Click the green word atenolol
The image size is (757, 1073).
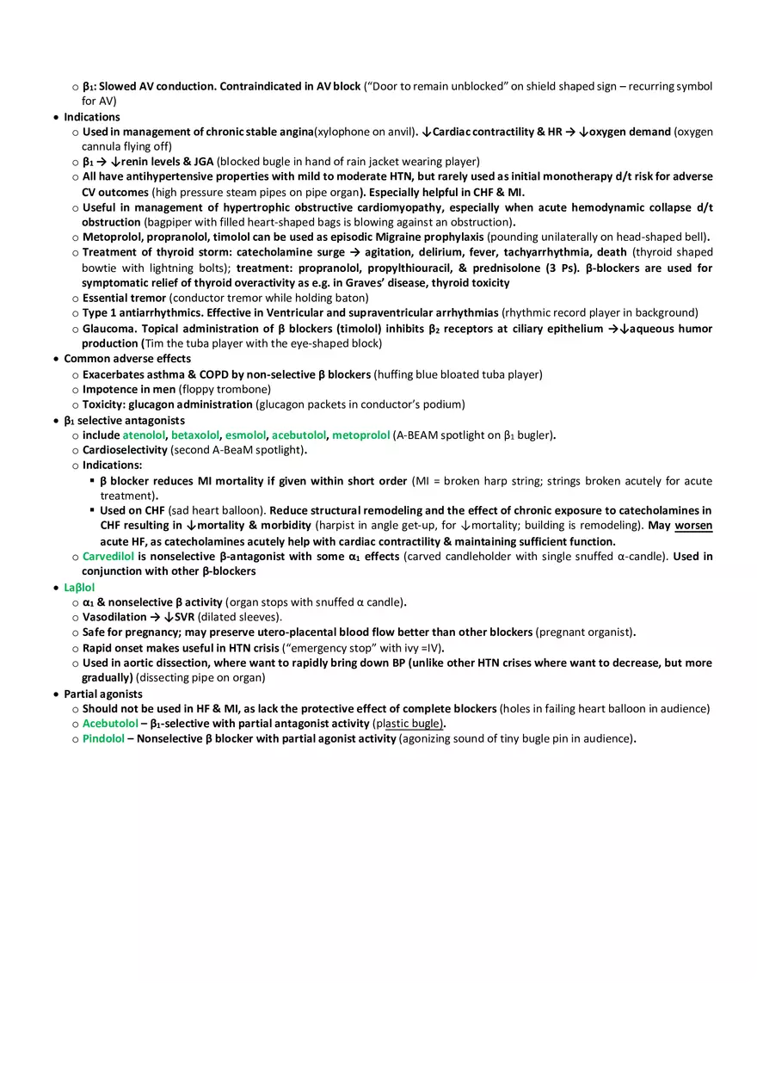[144, 435]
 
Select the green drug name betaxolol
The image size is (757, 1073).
[195, 435]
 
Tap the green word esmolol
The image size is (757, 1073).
[245, 435]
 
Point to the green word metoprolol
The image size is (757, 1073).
[360, 435]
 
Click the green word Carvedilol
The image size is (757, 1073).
[108, 557]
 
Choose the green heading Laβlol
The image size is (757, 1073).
[79, 588]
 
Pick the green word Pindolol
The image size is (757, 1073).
[103, 738]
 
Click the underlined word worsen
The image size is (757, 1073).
[693, 526]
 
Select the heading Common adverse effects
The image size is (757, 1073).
[127, 359]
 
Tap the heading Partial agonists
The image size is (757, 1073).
[103, 694]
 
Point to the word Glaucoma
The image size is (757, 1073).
[109, 329]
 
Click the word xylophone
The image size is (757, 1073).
[342, 132]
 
